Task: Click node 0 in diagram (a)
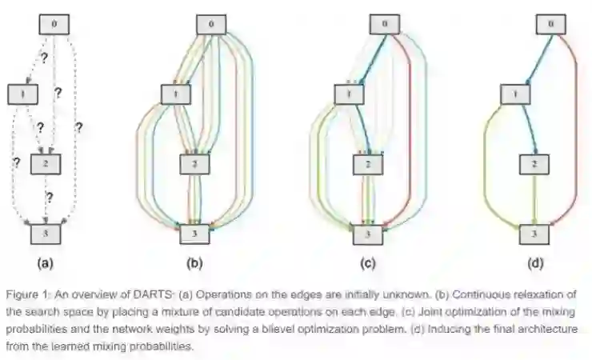[x=54, y=24]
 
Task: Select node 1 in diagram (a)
[x=22, y=93]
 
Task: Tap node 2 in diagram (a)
[x=46, y=163]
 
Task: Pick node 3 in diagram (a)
[x=46, y=234]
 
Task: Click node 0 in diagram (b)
[x=210, y=24]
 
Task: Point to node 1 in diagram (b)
[x=176, y=94]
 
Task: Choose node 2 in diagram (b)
[x=194, y=164]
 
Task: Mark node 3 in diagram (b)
[x=194, y=234]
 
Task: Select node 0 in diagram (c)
[x=386, y=24]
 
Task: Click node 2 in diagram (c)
[x=368, y=164]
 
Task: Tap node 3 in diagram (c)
[x=368, y=234]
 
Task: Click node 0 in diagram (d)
[x=550, y=24]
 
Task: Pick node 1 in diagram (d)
[x=516, y=94]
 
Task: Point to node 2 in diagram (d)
[x=534, y=164]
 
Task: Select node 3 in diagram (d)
[x=534, y=234]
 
